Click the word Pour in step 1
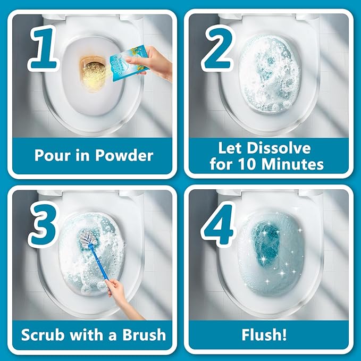[52, 155]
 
